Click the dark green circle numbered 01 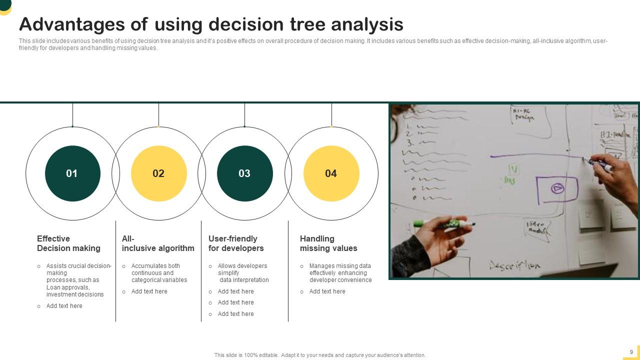pyautogui.click(x=72, y=173)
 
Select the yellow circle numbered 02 pyautogui.click(x=158, y=173)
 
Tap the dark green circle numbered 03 pyautogui.click(x=244, y=173)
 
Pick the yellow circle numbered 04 pyautogui.click(x=331, y=173)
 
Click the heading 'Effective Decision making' pyautogui.click(x=68, y=243)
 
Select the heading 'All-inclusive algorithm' pyautogui.click(x=158, y=243)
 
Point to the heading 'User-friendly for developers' pyautogui.click(x=236, y=243)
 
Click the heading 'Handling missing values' pyautogui.click(x=328, y=243)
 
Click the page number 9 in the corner pyautogui.click(x=631, y=352)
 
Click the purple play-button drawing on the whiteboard pyautogui.click(x=557, y=188)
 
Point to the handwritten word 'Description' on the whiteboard pyautogui.click(x=514, y=265)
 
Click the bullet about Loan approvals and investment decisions pyautogui.click(x=78, y=280)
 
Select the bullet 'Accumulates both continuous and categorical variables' pyautogui.click(x=159, y=273)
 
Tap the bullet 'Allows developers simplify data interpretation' pyautogui.click(x=243, y=273)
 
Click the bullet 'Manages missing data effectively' pyautogui.click(x=340, y=273)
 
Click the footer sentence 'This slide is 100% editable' pyautogui.click(x=320, y=355)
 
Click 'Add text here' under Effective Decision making pyautogui.click(x=64, y=306)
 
